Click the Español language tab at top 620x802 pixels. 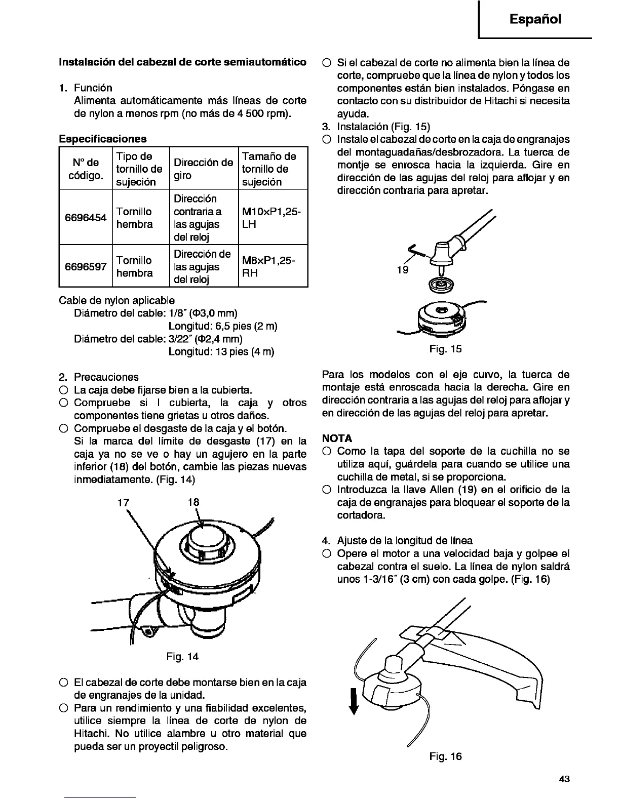click(x=535, y=19)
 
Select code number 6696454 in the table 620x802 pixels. click(x=86, y=218)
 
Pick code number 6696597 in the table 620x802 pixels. click(x=86, y=267)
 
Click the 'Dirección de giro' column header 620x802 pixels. click(x=203, y=169)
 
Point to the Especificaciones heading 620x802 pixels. click(x=103, y=139)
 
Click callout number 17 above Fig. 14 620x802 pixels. click(x=124, y=503)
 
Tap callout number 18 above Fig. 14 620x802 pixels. click(x=193, y=502)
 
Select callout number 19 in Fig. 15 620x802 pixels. click(x=403, y=270)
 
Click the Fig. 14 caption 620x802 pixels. click(x=182, y=657)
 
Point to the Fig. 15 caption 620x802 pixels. click(x=445, y=349)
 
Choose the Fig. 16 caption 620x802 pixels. click(x=445, y=756)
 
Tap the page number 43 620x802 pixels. click(x=565, y=779)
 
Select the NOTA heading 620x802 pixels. click(x=337, y=438)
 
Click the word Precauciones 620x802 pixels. click(x=106, y=377)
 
